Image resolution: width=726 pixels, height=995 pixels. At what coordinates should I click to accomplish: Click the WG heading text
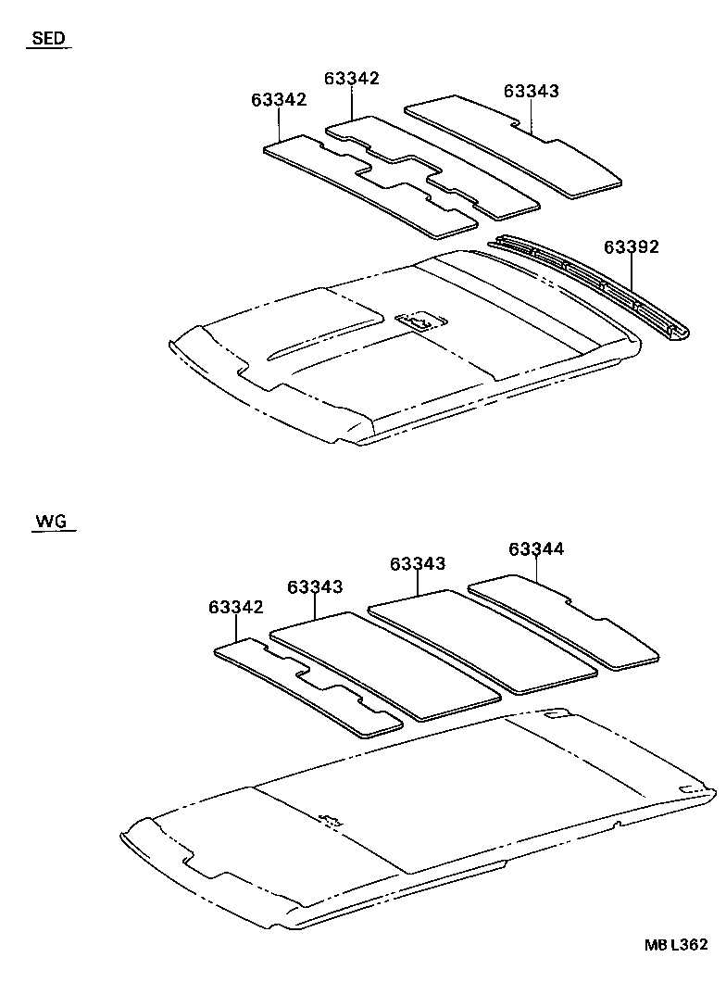(x=51, y=522)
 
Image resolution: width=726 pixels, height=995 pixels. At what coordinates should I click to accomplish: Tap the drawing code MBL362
(x=677, y=944)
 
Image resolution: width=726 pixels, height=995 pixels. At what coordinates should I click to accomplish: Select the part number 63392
(x=631, y=247)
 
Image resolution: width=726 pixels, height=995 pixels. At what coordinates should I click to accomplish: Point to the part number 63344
(x=535, y=549)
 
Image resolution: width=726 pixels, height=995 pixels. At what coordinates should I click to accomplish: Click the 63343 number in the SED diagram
(x=532, y=91)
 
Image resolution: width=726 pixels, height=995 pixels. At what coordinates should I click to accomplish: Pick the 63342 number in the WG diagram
(x=236, y=607)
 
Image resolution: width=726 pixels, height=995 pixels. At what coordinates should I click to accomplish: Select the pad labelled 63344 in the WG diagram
(x=565, y=620)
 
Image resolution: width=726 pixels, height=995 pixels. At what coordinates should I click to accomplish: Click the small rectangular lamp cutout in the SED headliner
(x=419, y=321)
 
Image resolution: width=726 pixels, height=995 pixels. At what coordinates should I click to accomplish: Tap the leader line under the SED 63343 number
(x=532, y=116)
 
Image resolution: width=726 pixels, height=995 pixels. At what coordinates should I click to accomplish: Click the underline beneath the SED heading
(x=48, y=49)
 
